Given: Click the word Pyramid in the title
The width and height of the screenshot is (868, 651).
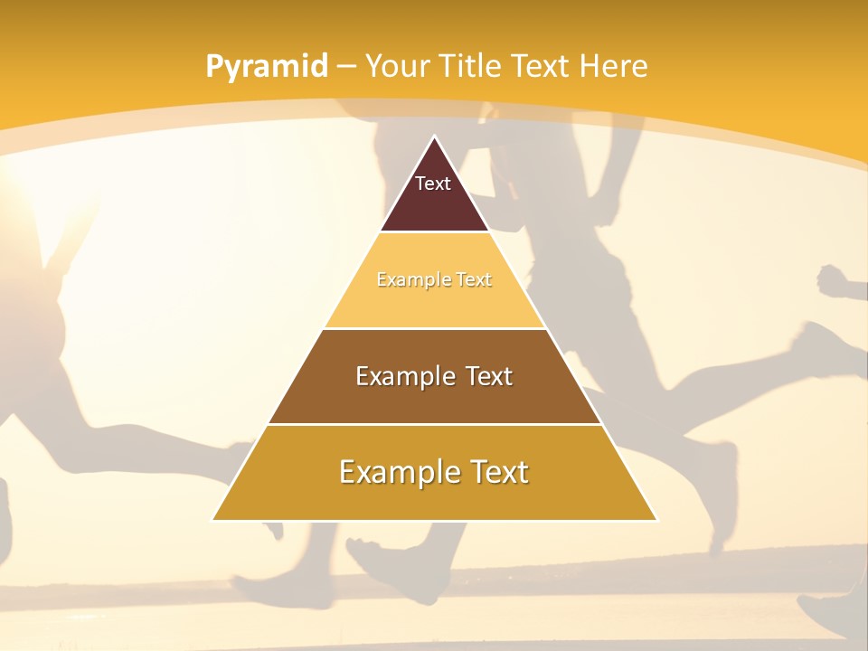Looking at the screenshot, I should click(266, 67).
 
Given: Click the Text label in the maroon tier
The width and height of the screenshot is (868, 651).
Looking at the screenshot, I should click(433, 184).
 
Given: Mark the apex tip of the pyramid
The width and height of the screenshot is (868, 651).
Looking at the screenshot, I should click(434, 137).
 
